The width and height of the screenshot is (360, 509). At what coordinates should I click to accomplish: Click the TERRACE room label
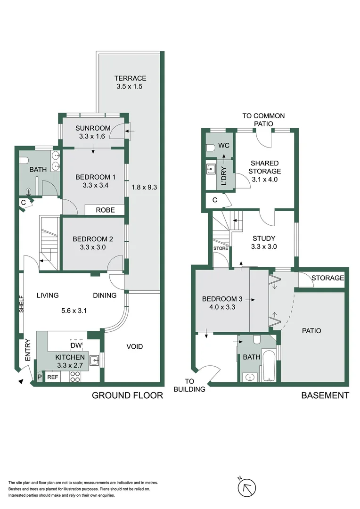point(130,78)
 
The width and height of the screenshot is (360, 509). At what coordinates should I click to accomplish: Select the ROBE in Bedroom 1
point(105,210)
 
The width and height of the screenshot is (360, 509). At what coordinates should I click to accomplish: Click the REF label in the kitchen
point(52,377)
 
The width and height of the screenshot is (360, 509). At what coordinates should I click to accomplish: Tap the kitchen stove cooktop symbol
point(75,377)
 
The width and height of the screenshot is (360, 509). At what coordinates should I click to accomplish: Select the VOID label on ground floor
point(134,346)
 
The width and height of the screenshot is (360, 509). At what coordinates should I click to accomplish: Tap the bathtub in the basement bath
point(269,366)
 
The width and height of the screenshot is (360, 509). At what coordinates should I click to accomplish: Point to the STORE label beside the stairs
point(220,248)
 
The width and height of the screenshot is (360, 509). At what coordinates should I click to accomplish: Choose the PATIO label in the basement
point(311,331)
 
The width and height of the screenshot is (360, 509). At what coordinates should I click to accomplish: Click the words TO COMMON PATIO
point(263,120)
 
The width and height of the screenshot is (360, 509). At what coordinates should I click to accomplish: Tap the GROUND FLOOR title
point(127,395)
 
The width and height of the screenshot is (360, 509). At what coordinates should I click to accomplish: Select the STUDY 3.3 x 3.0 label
point(263,242)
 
